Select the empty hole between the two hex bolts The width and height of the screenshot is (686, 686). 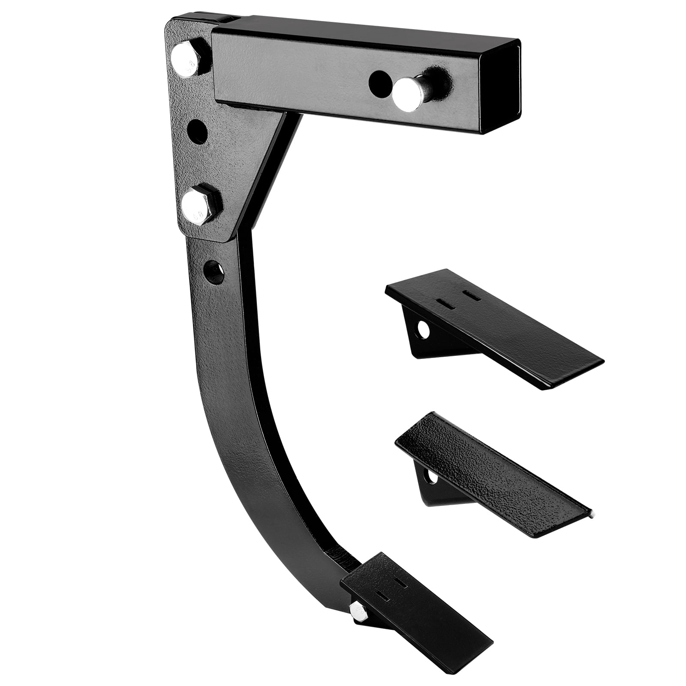(x=197, y=132)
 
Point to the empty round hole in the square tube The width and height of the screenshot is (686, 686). (x=379, y=81)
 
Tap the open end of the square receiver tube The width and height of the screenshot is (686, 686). (x=501, y=86)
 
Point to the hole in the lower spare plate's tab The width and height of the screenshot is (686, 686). (x=432, y=476)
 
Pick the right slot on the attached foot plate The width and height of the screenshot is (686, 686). (x=401, y=583)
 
